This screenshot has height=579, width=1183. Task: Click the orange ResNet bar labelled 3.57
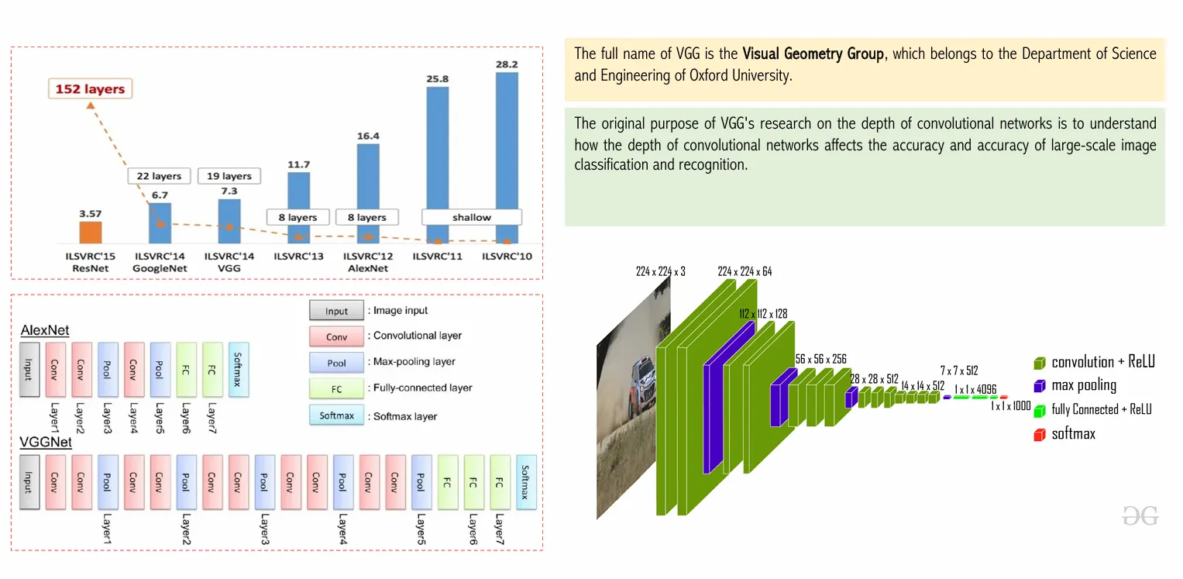point(91,233)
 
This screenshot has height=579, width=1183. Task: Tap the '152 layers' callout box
point(90,89)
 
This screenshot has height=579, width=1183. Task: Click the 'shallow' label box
point(472,217)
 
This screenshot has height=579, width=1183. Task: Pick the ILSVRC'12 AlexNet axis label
point(368,262)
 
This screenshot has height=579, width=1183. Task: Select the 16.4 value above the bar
point(368,136)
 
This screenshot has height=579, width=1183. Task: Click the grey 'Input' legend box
point(336,311)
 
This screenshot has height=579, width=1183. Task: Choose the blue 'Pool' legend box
point(336,362)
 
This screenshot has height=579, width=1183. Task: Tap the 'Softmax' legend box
point(336,415)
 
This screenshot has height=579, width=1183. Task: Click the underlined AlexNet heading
point(45,331)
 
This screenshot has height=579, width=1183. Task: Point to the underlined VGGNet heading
point(46,443)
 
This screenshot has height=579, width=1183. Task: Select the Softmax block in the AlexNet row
point(239,370)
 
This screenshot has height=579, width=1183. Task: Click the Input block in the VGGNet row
point(29,482)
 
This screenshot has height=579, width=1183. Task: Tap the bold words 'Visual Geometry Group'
point(813,54)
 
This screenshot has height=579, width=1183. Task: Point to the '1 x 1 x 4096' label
point(975,389)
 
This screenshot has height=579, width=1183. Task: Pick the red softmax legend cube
point(1039,435)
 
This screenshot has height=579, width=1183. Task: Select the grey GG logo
point(1140,515)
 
